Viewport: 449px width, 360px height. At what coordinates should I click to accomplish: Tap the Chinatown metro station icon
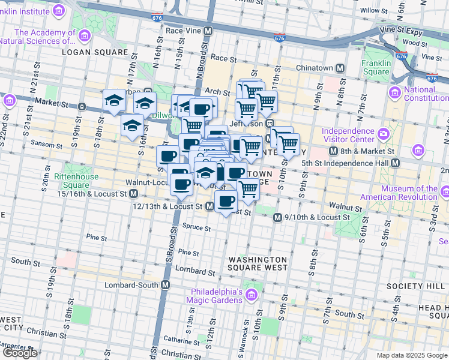[340, 68]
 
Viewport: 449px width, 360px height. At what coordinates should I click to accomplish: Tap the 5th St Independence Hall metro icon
[395, 163]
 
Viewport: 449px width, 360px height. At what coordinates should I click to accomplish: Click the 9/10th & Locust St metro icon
[277, 217]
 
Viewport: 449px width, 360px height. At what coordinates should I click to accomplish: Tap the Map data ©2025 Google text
[412, 355]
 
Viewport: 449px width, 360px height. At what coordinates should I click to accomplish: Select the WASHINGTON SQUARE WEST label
[258, 264]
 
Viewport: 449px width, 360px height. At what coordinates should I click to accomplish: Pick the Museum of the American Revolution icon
[444, 192]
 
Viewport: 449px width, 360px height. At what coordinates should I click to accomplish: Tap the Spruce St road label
[200, 228]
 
